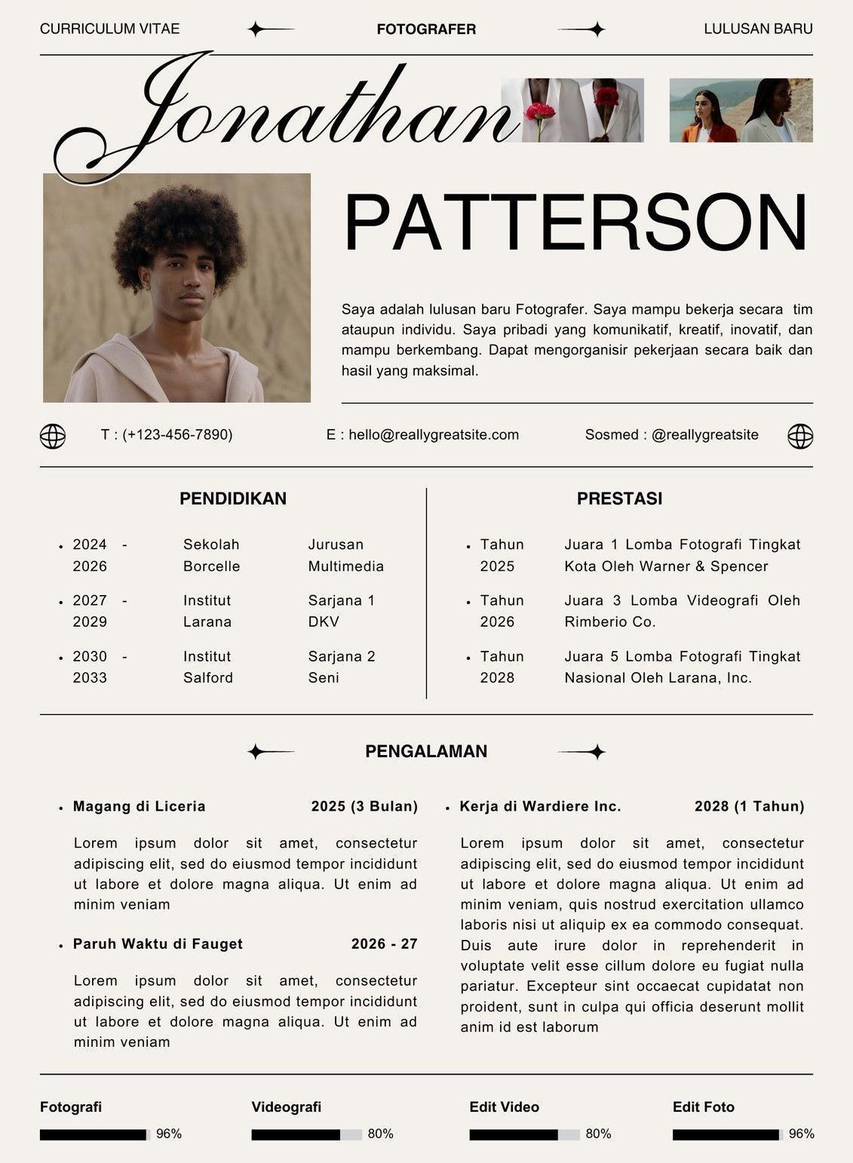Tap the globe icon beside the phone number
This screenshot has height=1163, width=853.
tap(53, 436)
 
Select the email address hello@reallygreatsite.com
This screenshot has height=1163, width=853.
tap(433, 434)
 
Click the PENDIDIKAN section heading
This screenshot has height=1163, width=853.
tap(233, 499)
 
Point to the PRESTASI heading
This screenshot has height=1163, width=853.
tap(619, 499)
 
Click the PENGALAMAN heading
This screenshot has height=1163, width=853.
tap(426, 751)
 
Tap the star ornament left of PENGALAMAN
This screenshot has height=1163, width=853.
tap(257, 751)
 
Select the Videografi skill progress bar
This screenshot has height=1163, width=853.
tap(306, 1134)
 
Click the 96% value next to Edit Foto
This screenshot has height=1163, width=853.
tap(801, 1134)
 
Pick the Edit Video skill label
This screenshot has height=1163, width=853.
tap(504, 1106)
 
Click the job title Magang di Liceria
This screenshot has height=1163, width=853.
tap(139, 806)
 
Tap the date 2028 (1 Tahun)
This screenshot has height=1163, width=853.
tap(749, 806)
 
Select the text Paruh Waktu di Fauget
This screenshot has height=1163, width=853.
tap(158, 944)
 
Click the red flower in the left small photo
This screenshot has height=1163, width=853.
tap(540, 112)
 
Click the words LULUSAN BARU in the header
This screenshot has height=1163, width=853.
tap(758, 29)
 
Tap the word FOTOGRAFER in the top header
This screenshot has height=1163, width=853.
tap(426, 29)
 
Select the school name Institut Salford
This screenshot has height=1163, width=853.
tap(208, 667)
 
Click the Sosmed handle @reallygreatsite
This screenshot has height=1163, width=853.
tap(704, 434)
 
